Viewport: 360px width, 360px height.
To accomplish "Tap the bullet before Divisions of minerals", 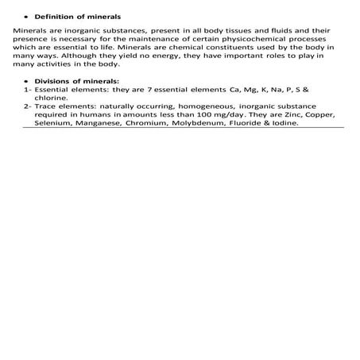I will [x=26, y=81].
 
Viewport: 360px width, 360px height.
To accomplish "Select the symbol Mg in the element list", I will [x=237, y=90].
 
